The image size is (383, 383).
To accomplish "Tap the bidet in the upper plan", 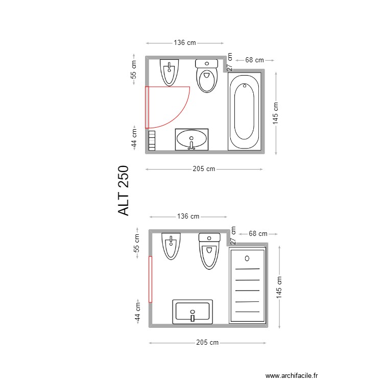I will [x=169, y=72].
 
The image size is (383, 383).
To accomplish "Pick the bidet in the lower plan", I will [x=171, y=246].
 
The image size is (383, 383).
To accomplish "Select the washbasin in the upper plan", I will [x=192, y=139].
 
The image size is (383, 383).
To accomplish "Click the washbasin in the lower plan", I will [x=193, y=312].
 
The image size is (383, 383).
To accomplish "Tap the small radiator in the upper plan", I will [x=152, y=140].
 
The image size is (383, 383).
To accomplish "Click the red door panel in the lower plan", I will [x=151, y=279].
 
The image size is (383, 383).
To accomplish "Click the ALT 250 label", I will [x=124, y=190].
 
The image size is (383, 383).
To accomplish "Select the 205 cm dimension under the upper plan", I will [x=204, y=169].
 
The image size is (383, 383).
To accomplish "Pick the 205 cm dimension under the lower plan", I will [x=207, y=343].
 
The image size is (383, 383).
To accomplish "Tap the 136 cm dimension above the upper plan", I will [x=184, y=43].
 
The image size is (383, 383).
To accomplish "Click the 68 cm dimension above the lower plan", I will [x=258, y=234].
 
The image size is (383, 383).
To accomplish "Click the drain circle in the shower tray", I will [x=247, y=258].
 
